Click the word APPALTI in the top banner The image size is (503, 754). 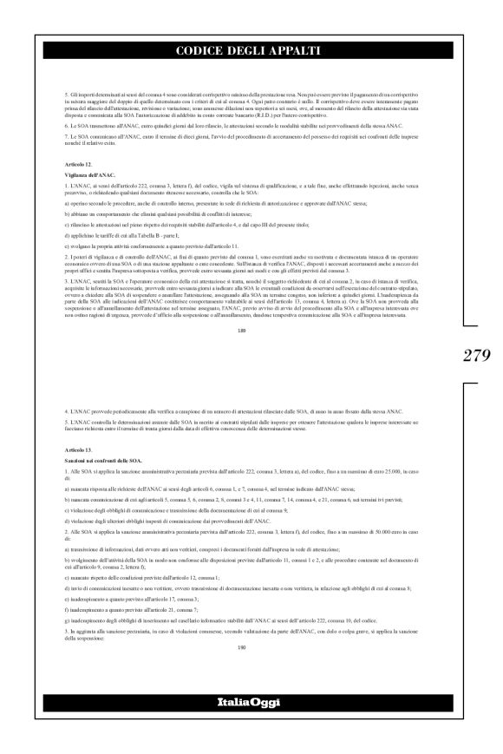point(293,52)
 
